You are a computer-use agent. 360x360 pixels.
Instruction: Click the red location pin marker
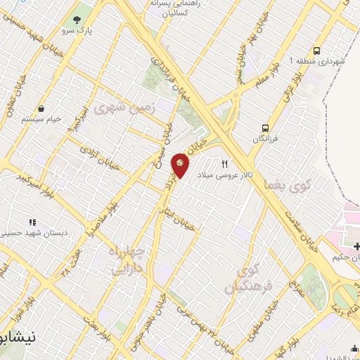tap(180, 165)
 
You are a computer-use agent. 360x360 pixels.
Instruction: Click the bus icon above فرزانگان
tap(265, 127)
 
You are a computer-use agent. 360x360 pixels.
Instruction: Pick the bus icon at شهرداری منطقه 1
tap(318, 51)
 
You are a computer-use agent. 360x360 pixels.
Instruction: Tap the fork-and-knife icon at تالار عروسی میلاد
tap(224, 163)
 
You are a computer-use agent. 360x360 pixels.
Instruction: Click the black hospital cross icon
tap(358, 245)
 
